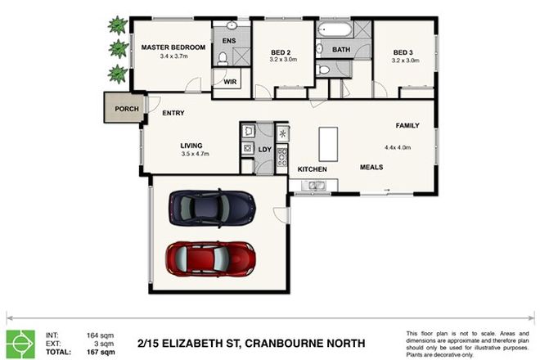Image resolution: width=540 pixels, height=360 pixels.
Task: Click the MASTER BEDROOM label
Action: tap(172, 47)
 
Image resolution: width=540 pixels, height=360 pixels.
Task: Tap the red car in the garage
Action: tap(211, 258)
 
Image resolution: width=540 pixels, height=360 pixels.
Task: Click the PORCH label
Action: tap(126, 108)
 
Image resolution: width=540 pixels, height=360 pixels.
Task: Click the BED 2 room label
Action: tap(283, 53)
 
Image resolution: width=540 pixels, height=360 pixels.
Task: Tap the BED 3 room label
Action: tap(405, 49)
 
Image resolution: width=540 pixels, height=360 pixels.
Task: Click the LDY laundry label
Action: tap(264, 149)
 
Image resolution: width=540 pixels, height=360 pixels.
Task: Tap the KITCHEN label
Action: tap(312, 169)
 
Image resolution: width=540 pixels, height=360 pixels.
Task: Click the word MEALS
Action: tap(371, 167)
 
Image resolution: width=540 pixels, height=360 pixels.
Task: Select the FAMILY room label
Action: tap(407, 125)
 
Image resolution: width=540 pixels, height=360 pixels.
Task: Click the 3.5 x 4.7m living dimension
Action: tap(195, 154)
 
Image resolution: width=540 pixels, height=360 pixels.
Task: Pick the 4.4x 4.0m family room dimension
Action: tap(397, 147)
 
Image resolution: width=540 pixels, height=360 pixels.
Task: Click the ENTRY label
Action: tap(173, 113)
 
